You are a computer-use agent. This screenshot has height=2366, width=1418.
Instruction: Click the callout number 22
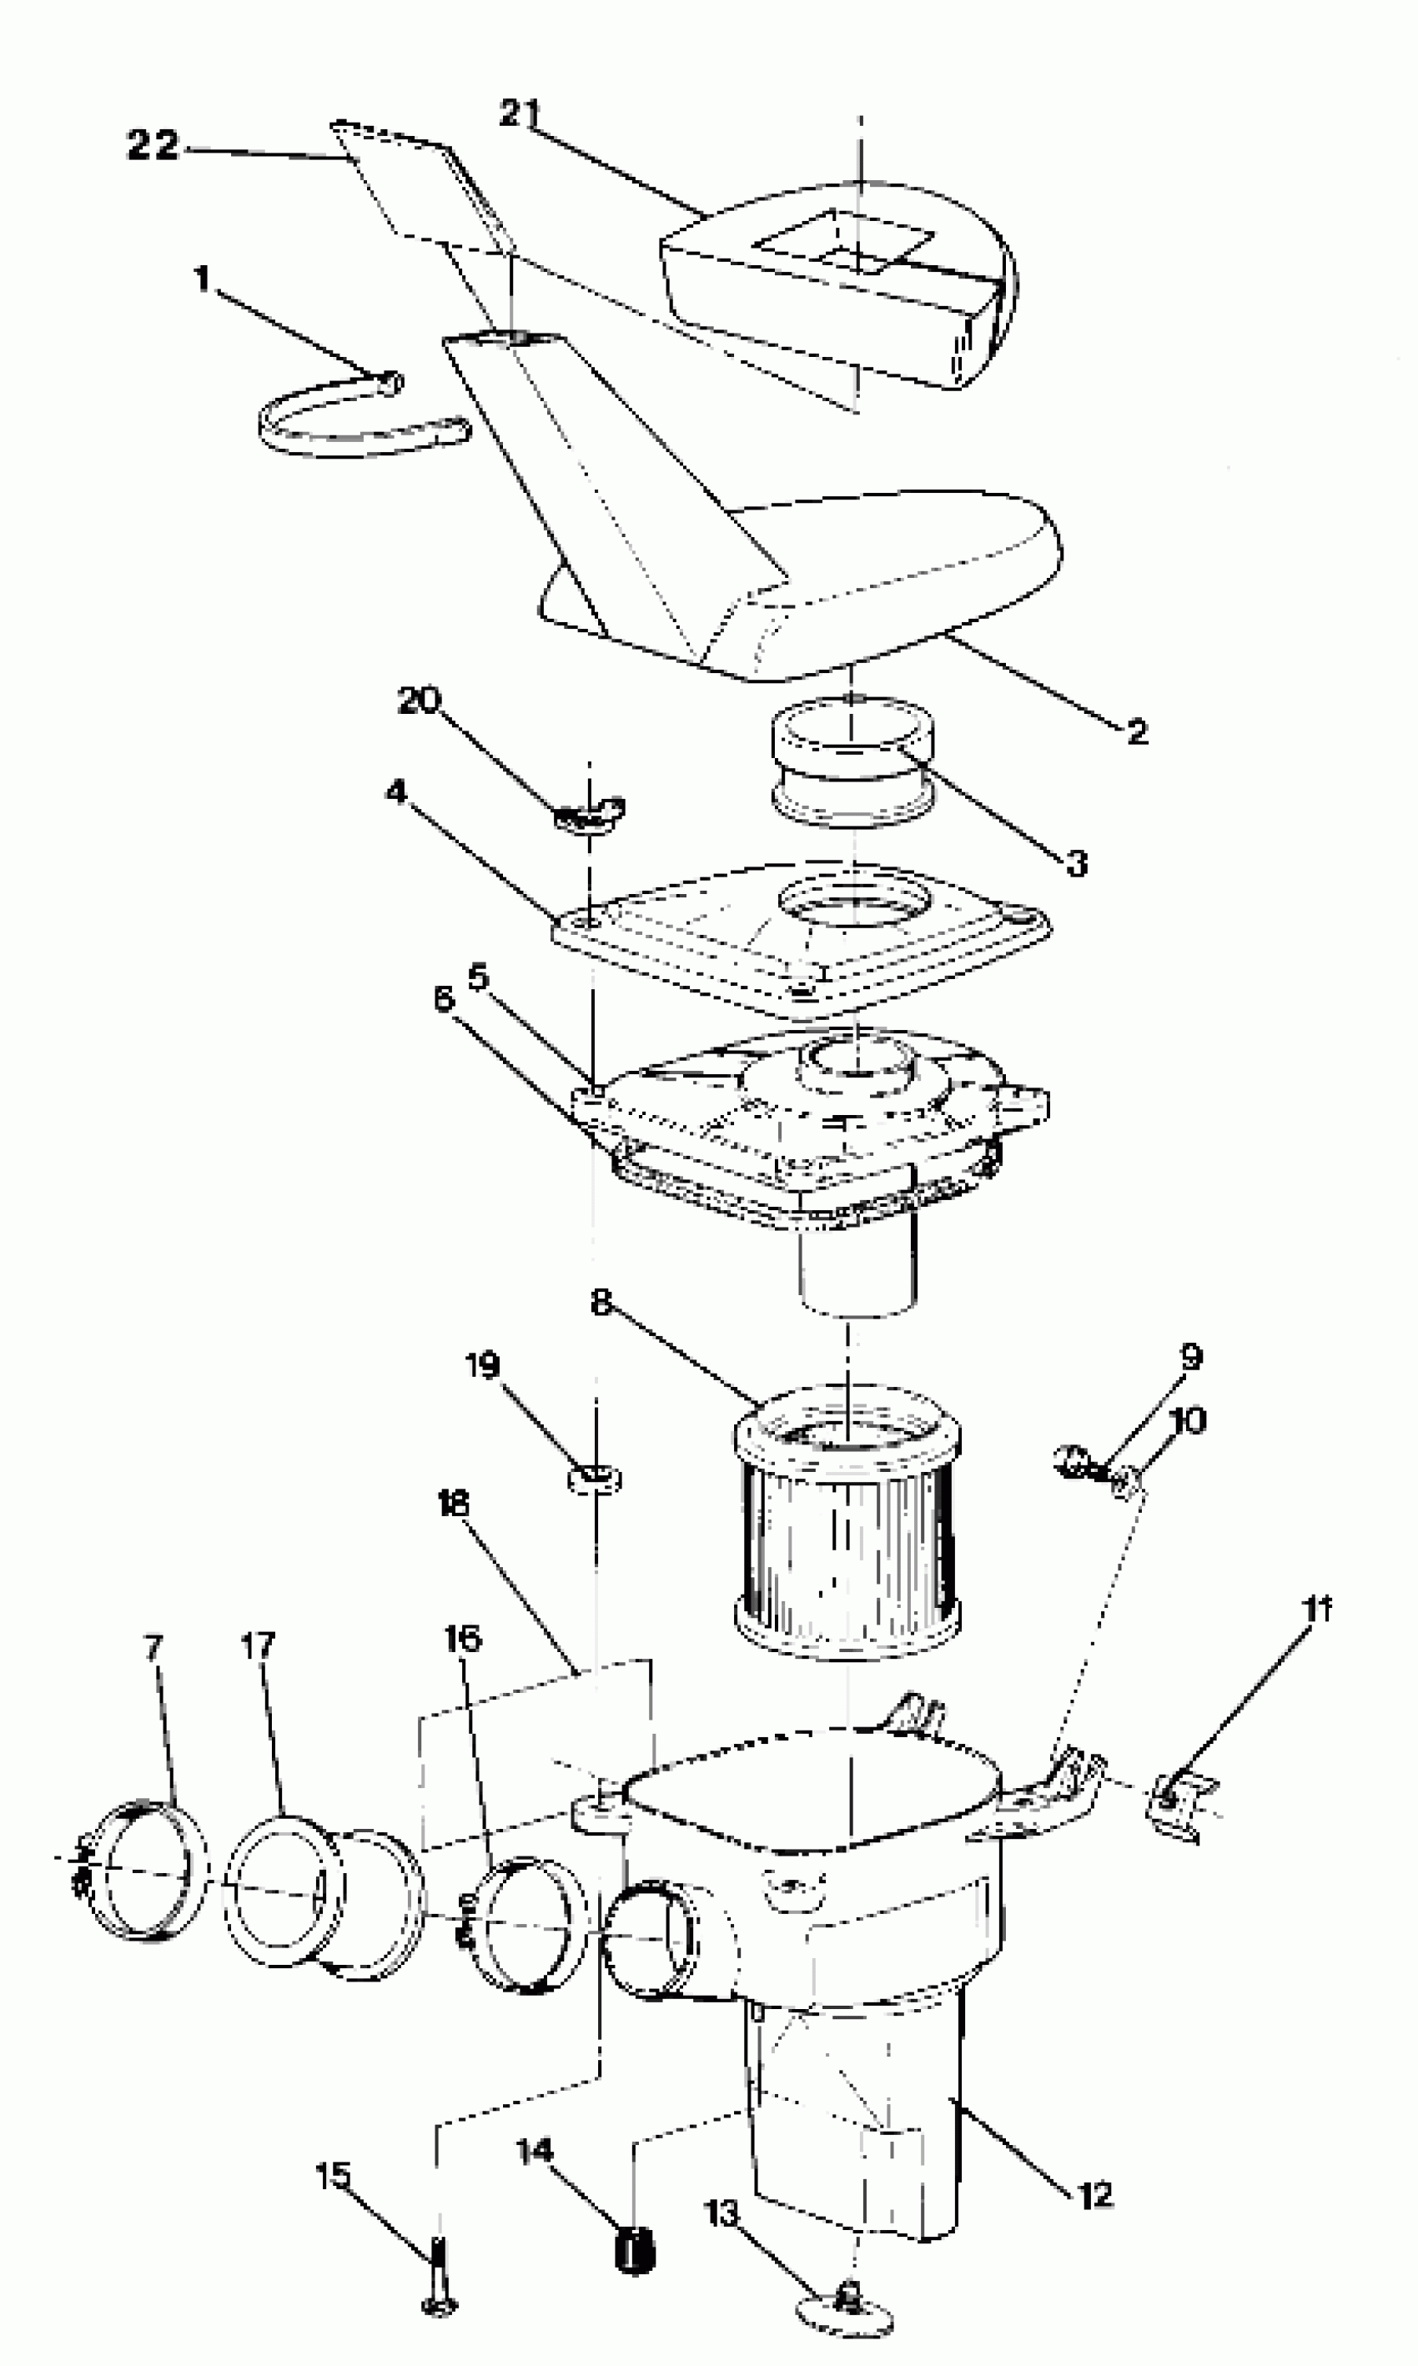pyautogui.click(x=153, y=145)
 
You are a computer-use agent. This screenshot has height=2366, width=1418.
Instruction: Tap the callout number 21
pyautogui.click(x=520, y=113)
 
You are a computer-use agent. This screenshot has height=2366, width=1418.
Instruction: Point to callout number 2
pyautogui.click(x=1136, y=731)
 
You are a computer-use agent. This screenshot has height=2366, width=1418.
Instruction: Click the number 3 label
pyautogui.click(x=1077, y=862)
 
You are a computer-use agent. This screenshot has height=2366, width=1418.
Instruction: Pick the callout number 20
pyautogui.click(x=419, y=701)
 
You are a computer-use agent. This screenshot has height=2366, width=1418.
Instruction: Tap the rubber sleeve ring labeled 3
pyautogui.click(x=852, y=762)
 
